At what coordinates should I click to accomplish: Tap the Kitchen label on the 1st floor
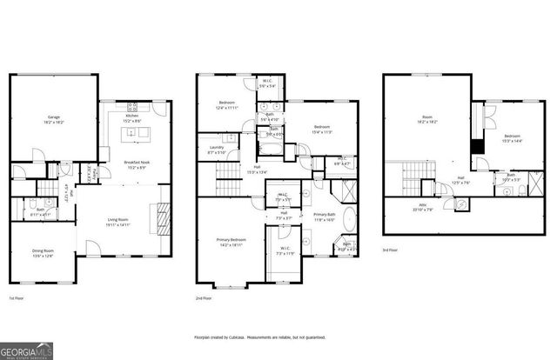131,116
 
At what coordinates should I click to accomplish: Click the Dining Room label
44,253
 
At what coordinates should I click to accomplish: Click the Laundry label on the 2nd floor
216,148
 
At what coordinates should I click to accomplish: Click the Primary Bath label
324,214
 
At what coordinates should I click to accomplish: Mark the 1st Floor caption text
17,298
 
